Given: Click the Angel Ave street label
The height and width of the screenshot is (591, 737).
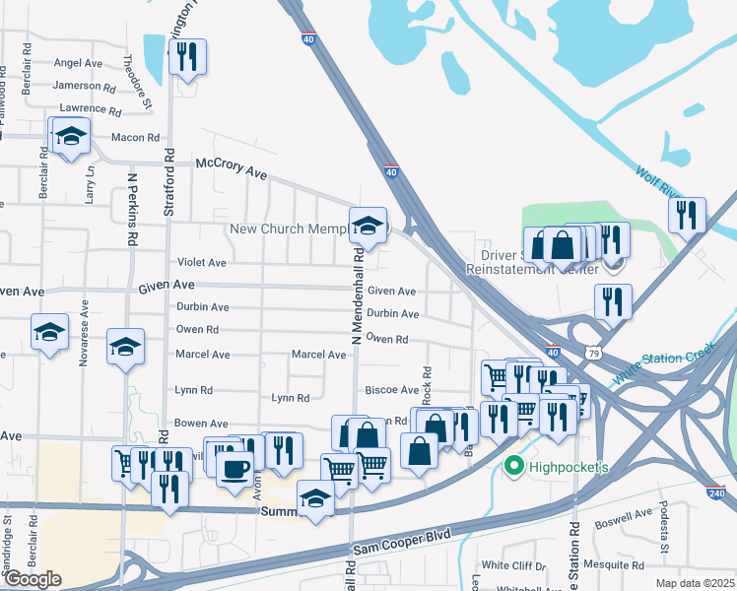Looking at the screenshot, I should pyautogui.click(x=78, y=62).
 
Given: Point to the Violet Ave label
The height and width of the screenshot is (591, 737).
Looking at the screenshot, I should pyautogui.click(x=201, y=263).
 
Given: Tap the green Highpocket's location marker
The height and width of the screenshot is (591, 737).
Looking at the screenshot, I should pyautogui.click(x=512, y=466).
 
